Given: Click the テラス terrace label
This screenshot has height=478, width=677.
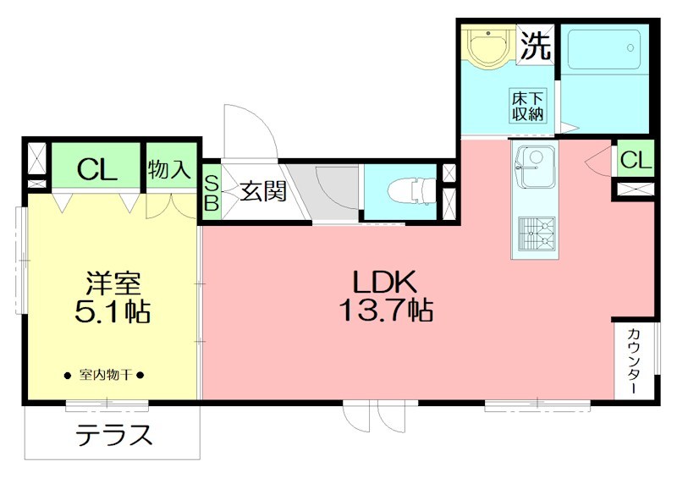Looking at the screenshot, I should (114, 436).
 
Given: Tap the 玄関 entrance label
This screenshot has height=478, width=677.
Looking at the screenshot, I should (261, 192).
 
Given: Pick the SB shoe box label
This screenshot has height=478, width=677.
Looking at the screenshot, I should (212, 194).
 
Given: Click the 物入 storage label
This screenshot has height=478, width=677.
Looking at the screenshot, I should (170, 169).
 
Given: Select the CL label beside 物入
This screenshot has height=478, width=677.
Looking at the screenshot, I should (96, 170).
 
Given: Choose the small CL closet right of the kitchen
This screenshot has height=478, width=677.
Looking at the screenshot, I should (636, 159).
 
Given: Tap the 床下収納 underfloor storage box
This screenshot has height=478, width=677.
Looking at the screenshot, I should (527, 105).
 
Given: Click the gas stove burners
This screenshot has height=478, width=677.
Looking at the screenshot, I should (533, 232).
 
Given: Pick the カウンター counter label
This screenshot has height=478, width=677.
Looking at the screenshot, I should (634, 360).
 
